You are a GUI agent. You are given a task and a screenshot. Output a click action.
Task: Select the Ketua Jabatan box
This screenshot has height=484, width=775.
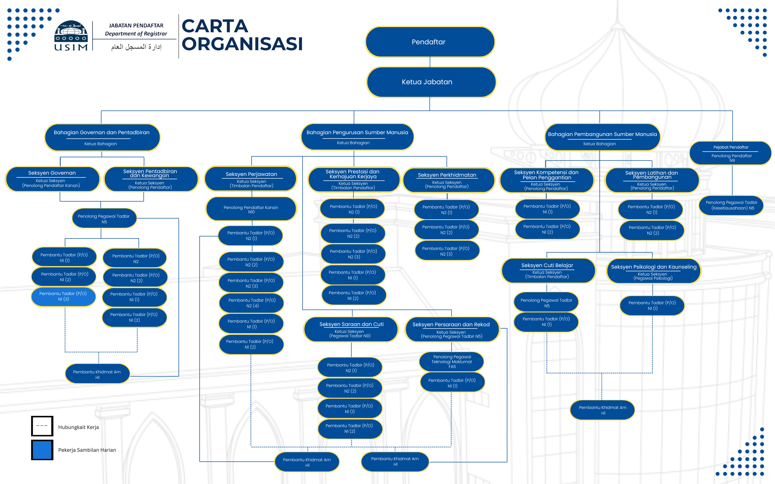click(431, 82)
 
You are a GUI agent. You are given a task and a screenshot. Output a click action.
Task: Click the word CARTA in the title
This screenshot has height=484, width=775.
click(215, 26)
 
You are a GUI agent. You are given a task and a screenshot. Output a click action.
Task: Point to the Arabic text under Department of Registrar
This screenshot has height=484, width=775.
click(136, 47)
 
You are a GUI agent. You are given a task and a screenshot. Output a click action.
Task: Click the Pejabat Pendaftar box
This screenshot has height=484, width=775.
click(730, 153)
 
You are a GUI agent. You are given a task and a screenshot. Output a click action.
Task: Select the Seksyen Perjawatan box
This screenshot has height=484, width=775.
click(251, 179)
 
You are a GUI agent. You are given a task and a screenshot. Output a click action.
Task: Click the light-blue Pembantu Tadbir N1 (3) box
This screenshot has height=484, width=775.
click(63, 297)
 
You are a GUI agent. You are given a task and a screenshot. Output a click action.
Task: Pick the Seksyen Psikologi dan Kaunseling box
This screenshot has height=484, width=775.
click(653, 271)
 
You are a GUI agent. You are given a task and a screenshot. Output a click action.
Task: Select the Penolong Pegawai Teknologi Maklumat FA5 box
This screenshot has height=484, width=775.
click(452, 361)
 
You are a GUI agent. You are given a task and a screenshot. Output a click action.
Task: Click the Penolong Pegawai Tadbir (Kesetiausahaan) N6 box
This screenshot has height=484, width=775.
click(731, 205)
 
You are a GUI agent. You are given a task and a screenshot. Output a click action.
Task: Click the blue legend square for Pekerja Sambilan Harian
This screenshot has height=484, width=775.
click(42, 450)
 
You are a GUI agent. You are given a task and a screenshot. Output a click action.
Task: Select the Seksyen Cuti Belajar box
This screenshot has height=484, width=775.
click(547, 270)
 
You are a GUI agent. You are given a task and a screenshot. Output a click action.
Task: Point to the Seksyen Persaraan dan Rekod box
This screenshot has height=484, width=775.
click(452, 329)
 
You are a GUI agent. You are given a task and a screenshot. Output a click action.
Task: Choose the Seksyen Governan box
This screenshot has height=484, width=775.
click(52, 179)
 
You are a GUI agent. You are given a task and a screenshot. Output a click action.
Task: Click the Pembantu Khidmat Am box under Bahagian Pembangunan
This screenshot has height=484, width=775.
click(602, 410)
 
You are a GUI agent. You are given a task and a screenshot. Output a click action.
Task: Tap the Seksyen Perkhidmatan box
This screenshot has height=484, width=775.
click(447, 180)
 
